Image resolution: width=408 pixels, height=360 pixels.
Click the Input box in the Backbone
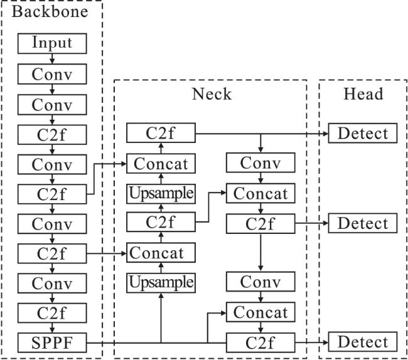(52, 43)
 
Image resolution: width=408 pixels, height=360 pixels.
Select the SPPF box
(52, 342)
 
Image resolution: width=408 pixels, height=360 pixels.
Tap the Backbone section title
(51, 11)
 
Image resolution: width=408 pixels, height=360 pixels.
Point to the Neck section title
(212, 95)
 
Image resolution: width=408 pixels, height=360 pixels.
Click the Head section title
(363, 95)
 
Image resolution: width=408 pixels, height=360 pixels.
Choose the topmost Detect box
(363, 133)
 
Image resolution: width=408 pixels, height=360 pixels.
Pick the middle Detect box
(363, 223)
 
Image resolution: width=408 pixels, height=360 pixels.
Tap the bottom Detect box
(363, 342)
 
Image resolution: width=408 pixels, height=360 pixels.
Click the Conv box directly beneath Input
(52, 74)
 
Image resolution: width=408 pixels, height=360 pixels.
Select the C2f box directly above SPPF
(52, 312)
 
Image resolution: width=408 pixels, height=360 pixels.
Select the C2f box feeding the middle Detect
(260, 223)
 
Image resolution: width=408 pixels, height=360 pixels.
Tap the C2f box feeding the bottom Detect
(260, 342)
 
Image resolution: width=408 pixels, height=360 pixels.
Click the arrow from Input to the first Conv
(52, 59)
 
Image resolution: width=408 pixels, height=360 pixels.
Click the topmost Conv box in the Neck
(260, 163)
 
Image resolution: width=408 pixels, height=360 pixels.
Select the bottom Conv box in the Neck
(260, 282)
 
